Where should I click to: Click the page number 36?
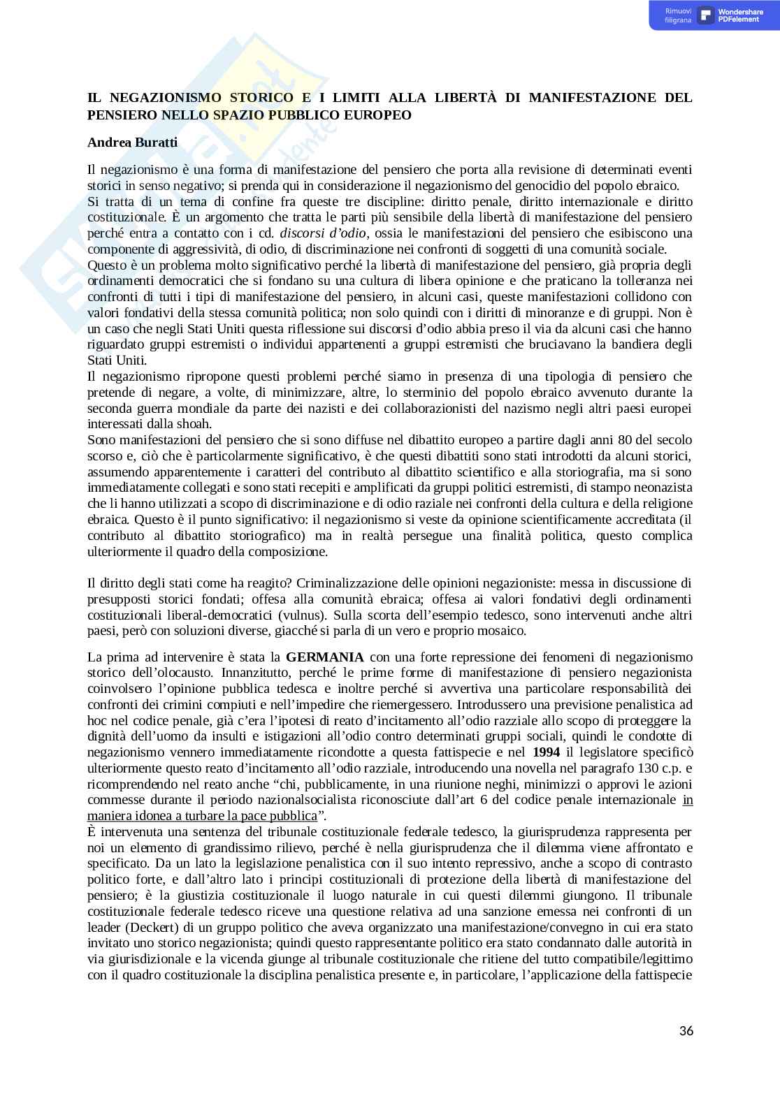click(686, 1031)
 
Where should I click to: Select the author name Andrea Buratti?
click(132, 143)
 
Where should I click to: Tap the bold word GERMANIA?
click(325, 657)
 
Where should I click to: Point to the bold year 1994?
click(546, 752)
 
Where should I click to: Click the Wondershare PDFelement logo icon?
click(705, 15)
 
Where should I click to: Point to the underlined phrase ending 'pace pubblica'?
click(202, 816)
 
